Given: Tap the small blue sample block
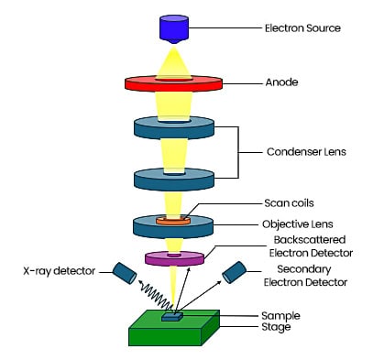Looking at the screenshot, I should [x=171, y=317].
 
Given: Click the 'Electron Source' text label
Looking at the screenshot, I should [x=302, y=28].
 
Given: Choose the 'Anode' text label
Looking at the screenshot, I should [x=280, y=81].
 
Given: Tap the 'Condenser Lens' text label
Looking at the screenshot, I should [x=303, y=151].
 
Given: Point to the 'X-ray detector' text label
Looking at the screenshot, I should [x=55, y=270].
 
